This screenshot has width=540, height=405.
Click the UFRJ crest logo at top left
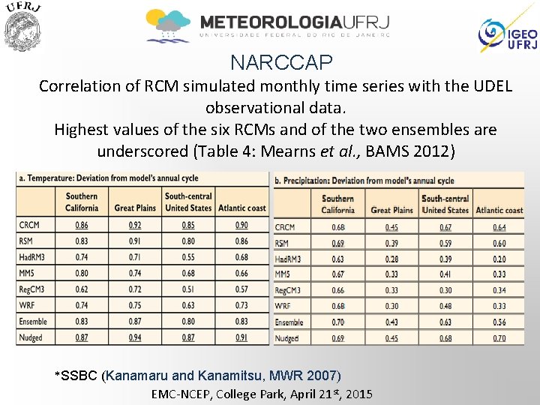[22, 28]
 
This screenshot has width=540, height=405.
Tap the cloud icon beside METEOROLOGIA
[169, 25]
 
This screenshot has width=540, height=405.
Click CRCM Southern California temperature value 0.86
[81, 225]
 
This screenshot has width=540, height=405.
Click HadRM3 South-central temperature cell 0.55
[187, 257]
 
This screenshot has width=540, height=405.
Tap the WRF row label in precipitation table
[283, 306]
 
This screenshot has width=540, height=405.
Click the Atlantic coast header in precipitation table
[499, 210]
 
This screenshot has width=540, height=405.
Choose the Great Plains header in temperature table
[135, 208]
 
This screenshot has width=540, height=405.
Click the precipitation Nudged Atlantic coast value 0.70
[499, 338]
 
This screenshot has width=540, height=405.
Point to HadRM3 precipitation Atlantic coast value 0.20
[499, 259]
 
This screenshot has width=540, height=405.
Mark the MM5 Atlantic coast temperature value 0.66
[241, 273]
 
